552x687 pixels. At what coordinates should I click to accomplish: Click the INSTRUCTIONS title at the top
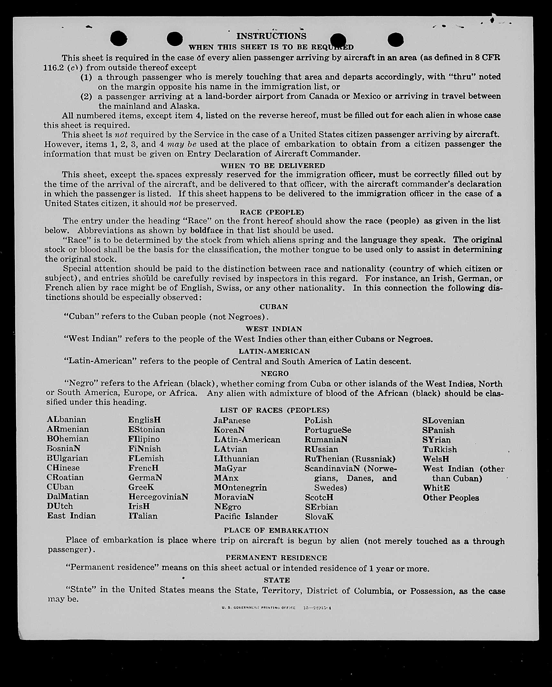click(271, 36)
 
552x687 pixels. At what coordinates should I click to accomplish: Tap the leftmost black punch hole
click(119, 39)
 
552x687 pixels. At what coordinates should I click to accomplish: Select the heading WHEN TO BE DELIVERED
click(273, 165)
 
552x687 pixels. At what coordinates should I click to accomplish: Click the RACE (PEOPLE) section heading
click(272, 212)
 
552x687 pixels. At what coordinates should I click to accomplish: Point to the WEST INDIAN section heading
click(274, 329)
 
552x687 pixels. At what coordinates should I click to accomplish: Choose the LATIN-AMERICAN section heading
click(274, 351)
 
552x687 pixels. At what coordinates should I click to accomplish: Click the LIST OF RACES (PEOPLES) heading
click(275, 410)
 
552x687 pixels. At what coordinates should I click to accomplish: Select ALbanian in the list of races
click(66, 419)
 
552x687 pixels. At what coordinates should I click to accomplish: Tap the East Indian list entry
click(71, 516)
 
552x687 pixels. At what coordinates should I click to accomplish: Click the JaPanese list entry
click(232, 420)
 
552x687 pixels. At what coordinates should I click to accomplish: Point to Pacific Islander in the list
click(246, 516)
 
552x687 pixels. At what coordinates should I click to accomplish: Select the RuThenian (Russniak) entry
click(350, 459)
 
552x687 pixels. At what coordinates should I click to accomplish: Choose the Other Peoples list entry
click(451, 498)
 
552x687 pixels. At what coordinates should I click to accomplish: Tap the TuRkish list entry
click(440, 449)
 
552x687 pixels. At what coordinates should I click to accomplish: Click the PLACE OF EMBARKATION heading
click(276, 530)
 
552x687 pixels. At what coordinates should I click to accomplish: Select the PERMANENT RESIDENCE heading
click(276, 558)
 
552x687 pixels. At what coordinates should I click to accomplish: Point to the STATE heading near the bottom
click(277, 580)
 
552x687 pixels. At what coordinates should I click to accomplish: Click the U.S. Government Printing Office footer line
click(276, 608)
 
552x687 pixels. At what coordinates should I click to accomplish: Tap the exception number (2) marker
click(86, 96)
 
